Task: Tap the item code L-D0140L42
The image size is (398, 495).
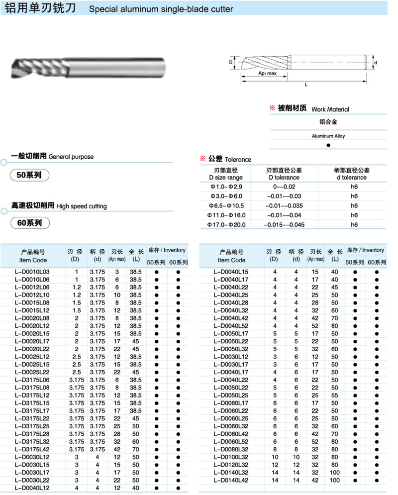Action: click(x=231, y=481)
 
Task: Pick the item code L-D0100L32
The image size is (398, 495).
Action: click(x=231, y=458)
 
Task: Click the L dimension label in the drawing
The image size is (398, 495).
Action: click(x=306, y=85)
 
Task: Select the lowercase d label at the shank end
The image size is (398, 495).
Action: click(x=376, y=63)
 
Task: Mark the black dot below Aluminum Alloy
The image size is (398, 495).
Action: click(x=328, y=145)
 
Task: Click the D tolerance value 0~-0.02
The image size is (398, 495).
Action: click(x=284, y=186)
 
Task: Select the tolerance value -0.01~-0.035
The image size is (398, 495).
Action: click(x=284, y=205)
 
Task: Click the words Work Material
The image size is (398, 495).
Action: click(x=330, y=109)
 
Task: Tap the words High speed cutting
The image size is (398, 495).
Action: click(x=82, y=206)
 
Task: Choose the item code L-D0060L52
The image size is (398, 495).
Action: click(x=231, y=442)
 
